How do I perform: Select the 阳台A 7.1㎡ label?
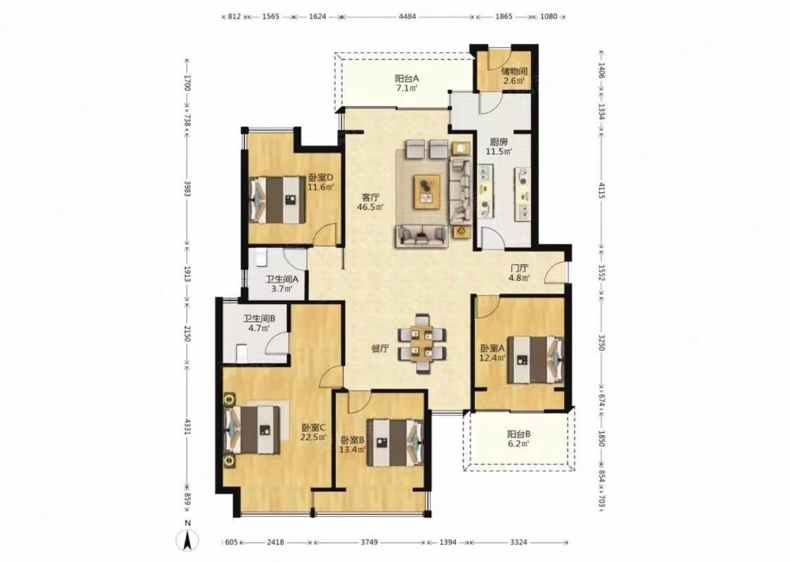click(x=407, y=83)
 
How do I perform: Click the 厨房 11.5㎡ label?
click(x=499, y=146)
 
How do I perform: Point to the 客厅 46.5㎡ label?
click(x=371, y=202)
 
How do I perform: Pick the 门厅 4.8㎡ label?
click(x=519, y=273)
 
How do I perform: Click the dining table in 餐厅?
click(x=421, y=344)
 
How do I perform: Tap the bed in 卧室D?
click(x=278, y=200)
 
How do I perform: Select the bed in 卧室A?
click(x=535, y=360)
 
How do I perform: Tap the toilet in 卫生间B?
click(x=242, y=352)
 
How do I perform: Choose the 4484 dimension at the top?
click(x=407, y=16)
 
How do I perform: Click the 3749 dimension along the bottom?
click(x=370, y=542)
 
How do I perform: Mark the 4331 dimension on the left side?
click(x=187, y=426)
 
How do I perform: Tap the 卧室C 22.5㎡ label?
click(x=314, y=432)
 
